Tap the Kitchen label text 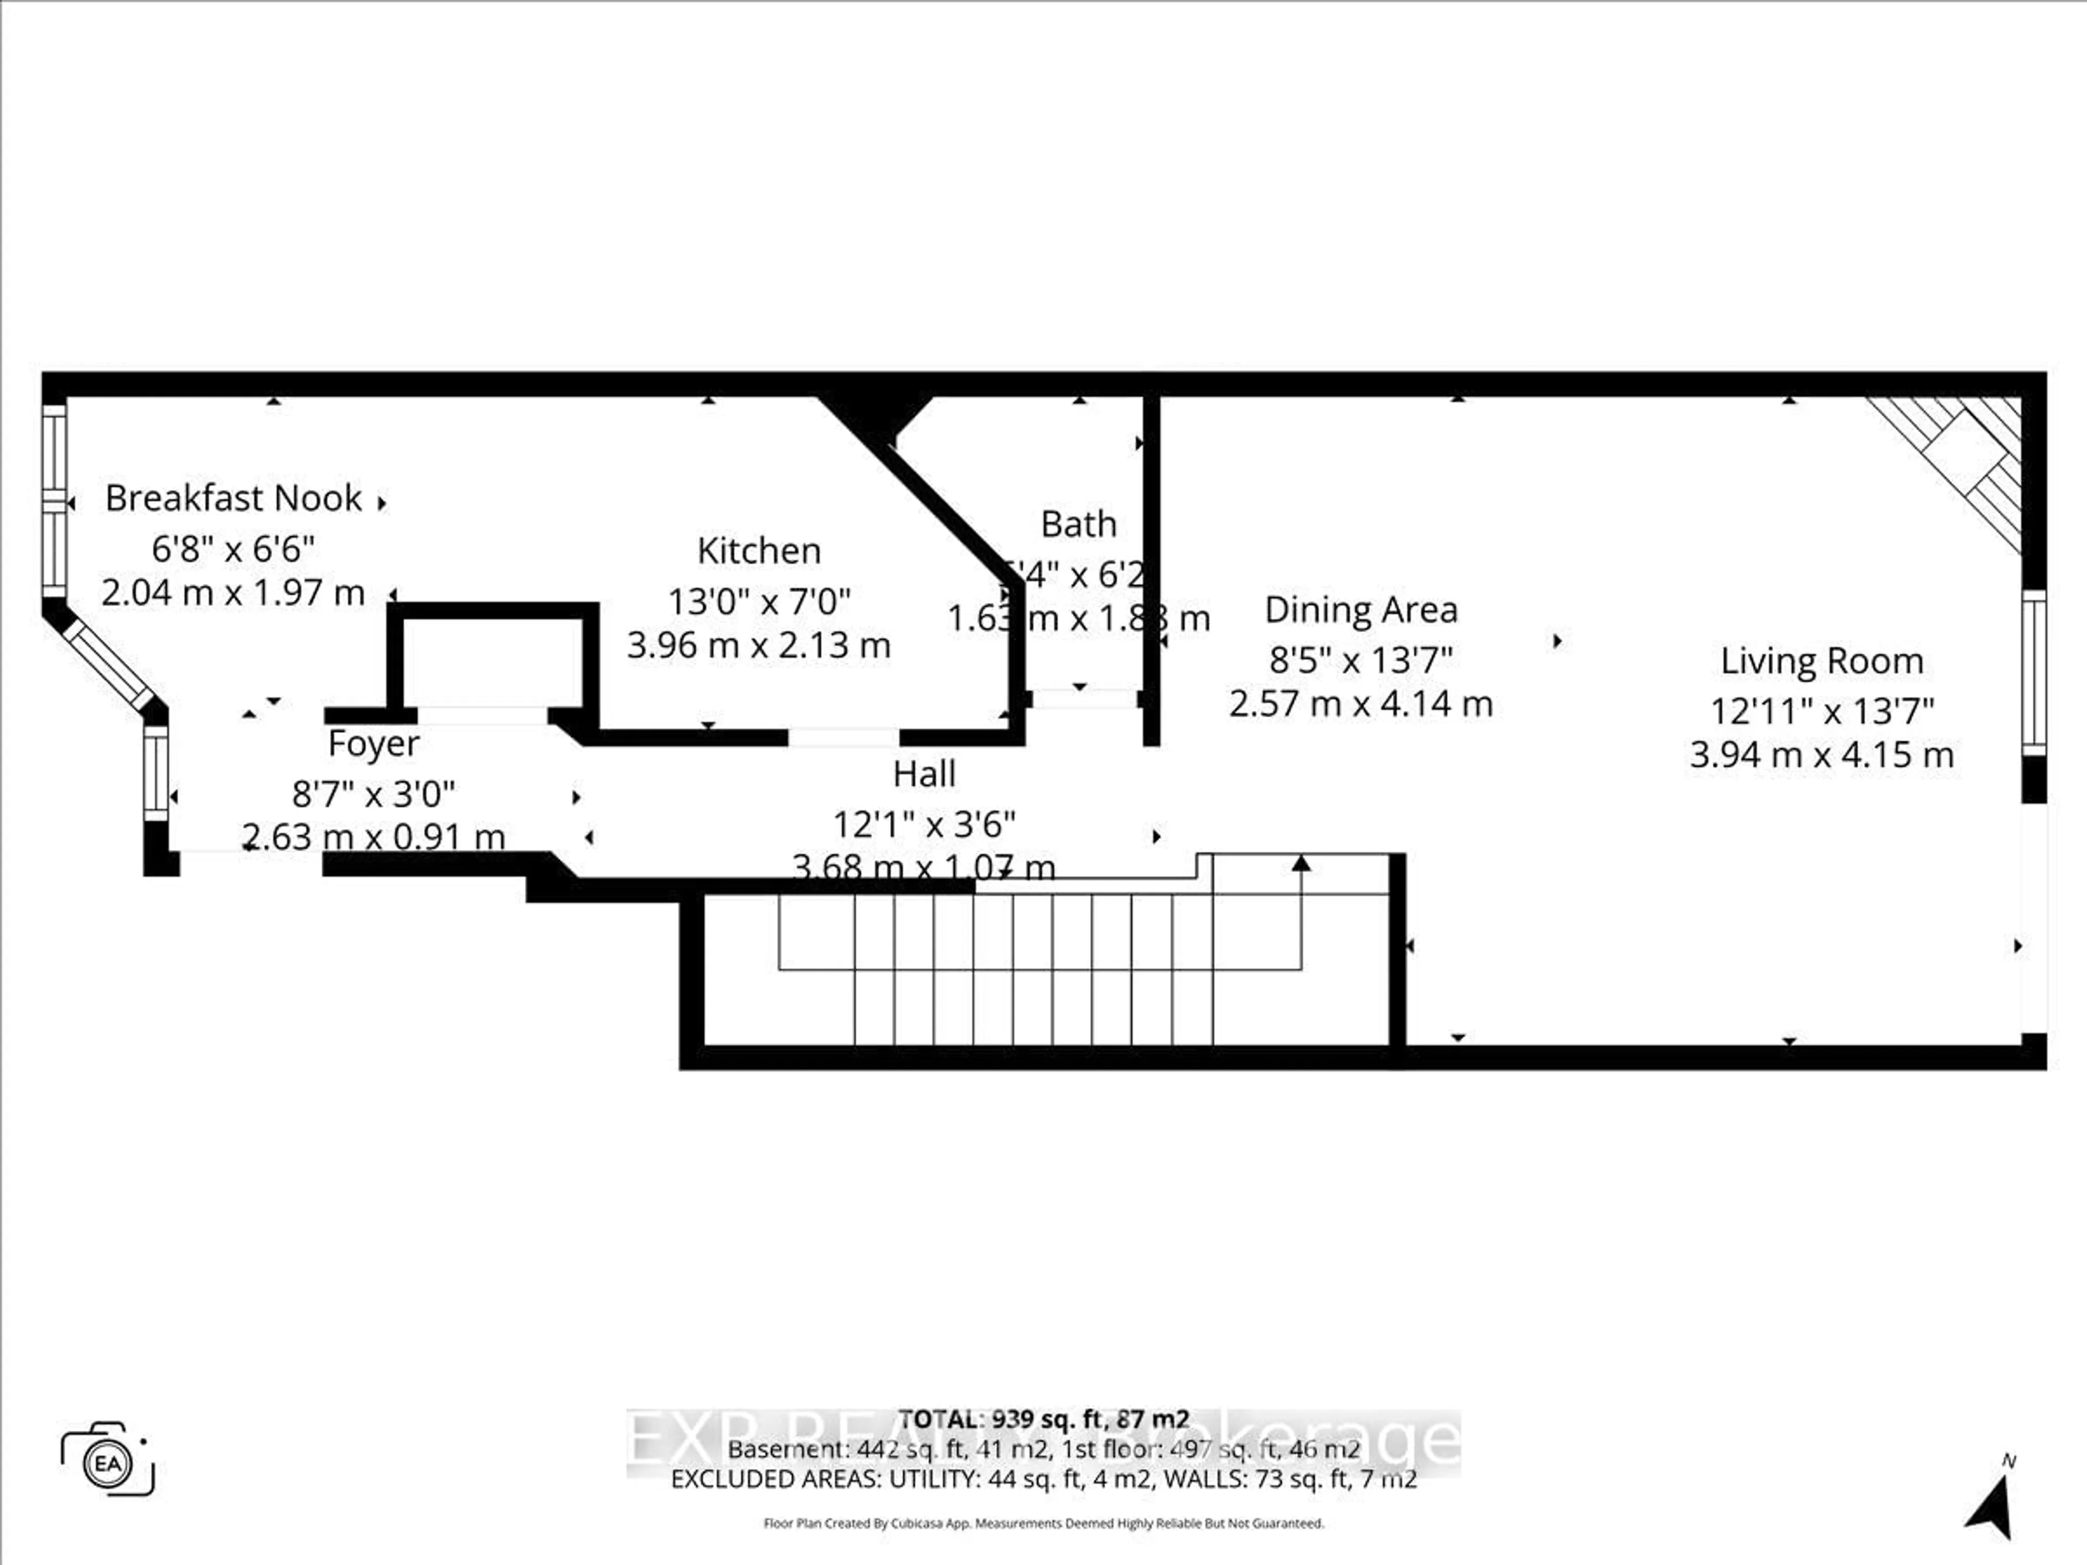point(759,551)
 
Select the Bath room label point(1078,524)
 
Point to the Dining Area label point(1360,610)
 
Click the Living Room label point(1821,661)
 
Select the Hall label point(924,774)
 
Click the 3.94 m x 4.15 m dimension point(1821,755)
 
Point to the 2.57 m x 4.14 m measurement point(1360,704)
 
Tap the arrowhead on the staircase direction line point(1301,862)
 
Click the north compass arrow point(1992,1506)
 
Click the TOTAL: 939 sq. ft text point(1042,1419)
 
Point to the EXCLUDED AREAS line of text point(1042,1479)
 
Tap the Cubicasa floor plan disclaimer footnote point(1042,1523)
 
